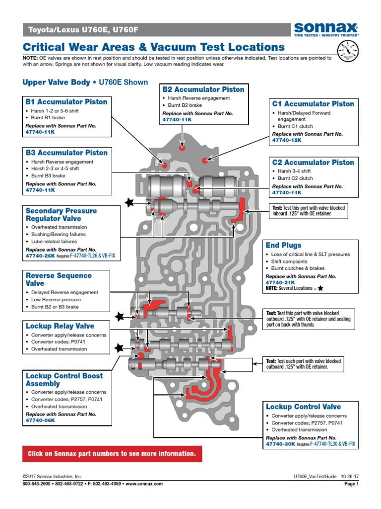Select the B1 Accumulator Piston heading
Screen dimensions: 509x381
click(66, 102)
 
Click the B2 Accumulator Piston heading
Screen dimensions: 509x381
click(203, 89)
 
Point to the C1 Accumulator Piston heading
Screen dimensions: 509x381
click(313, 104)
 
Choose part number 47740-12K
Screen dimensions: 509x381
click(287, 141)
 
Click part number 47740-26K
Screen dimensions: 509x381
click(40, 256)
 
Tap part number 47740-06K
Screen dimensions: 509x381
click(40, 421)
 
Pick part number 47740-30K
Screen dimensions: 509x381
click(280, 444)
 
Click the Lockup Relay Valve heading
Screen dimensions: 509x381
click(60, 326)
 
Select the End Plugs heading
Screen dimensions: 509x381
click(283, 245)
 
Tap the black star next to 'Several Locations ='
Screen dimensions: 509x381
click(320, 288)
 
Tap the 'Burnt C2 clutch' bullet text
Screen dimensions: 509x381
click(295, 178)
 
